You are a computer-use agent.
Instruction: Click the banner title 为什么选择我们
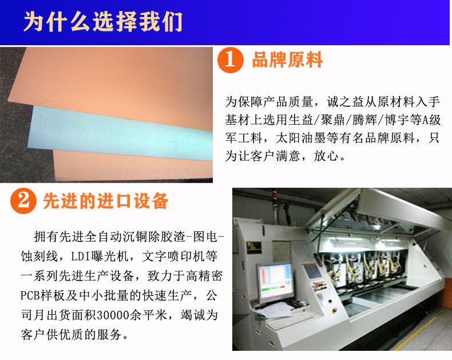coord(103,22)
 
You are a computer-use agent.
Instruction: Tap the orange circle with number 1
coord(231,60)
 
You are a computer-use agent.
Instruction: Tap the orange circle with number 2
coord(23,201)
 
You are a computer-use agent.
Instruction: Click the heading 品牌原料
coord(287,60)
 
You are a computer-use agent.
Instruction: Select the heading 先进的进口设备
coord(106,201)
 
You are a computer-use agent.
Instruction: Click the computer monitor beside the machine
coord(275,282)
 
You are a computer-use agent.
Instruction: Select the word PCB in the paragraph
coord(30,295)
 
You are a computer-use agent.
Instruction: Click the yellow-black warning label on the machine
coord(253,248)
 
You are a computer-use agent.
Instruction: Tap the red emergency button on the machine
coord(335,310)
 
